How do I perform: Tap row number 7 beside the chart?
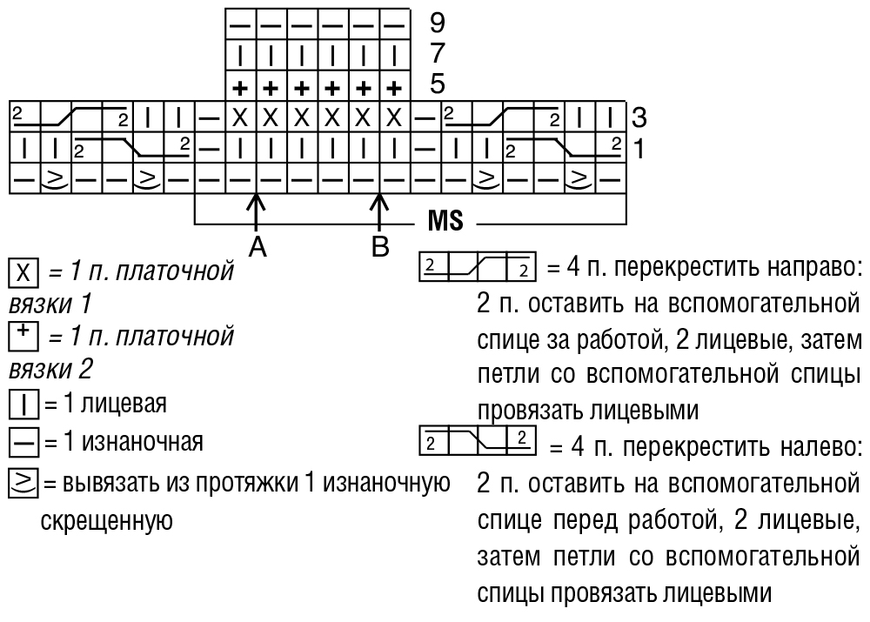pyautogui.click(x=438, y=53)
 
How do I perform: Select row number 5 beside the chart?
pyautogui.click(x=438, y=84)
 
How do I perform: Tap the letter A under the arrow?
pyautogui.click(x=256, y=248)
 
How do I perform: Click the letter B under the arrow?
pyautogui.click(x=379, y=246)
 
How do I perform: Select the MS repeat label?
pyautogui.click(x=445, y=221)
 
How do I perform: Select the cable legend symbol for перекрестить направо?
pyautogui.click(x=478, y=264)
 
